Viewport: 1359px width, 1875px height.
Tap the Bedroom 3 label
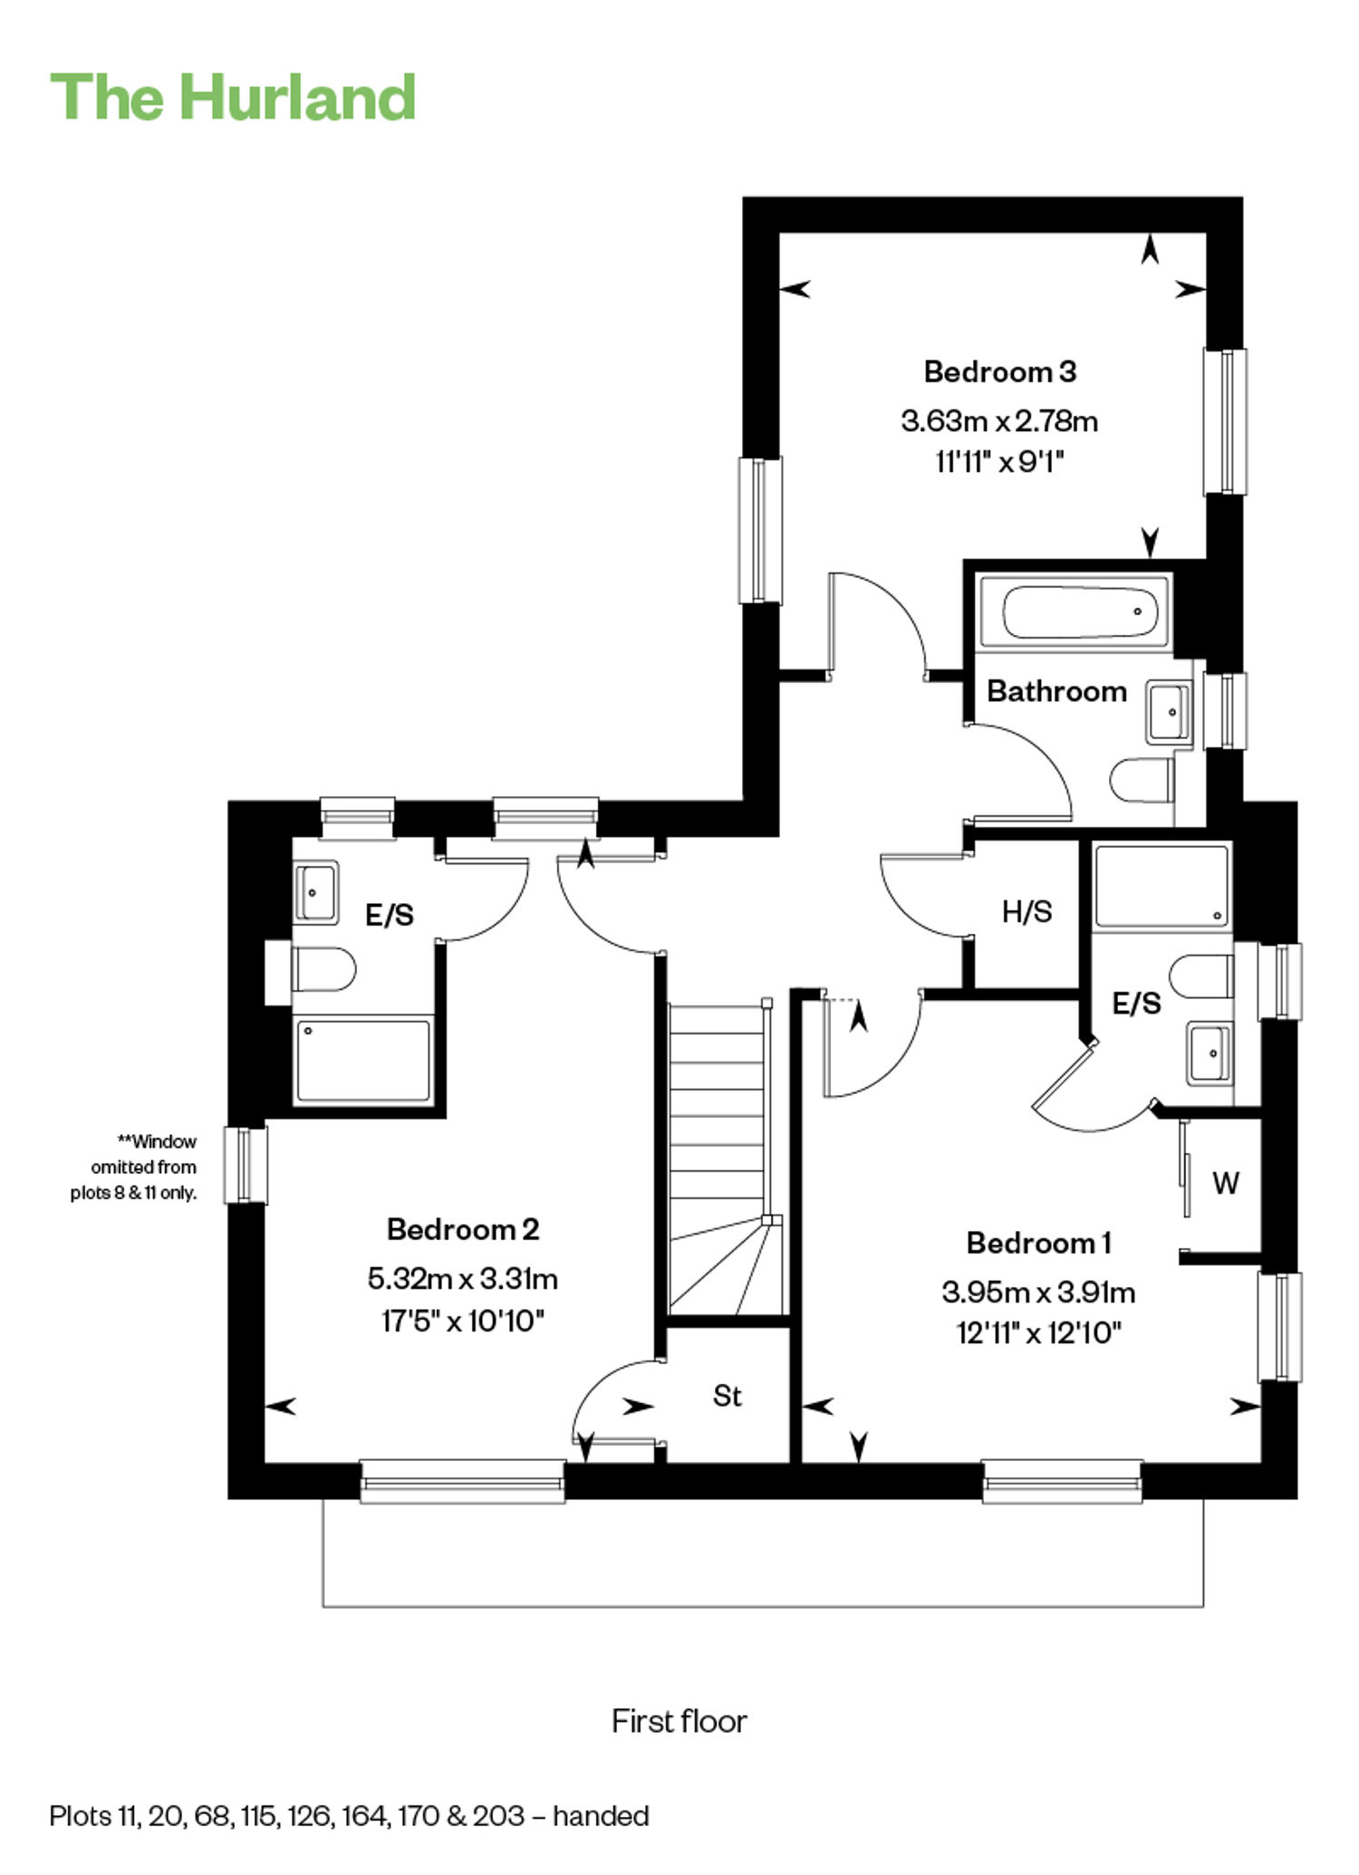[1000, 371]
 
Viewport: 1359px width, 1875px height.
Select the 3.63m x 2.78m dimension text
[999, 421]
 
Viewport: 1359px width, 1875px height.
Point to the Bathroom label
[1056, 691]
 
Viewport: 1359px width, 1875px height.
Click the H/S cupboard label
[1027, 911]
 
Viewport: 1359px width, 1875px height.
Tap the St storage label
[727, 1396]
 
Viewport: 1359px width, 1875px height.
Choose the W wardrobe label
[1226, 1183]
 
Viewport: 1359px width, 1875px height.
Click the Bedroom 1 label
[1039, 1243]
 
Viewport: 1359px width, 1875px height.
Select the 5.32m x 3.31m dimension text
[463, 1279]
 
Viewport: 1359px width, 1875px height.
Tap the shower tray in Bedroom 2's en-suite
[363, 1061]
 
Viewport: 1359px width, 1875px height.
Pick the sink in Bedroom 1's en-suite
[1210, 1053]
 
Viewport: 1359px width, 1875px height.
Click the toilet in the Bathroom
[1143, 780]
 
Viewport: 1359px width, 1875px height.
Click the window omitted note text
[133, 1168]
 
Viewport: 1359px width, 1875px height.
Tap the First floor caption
[679, 1721]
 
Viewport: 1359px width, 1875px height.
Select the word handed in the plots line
[601, 1816]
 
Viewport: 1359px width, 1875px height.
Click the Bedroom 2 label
[463, 1229]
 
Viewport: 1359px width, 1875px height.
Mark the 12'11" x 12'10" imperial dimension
[1039, 1333]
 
